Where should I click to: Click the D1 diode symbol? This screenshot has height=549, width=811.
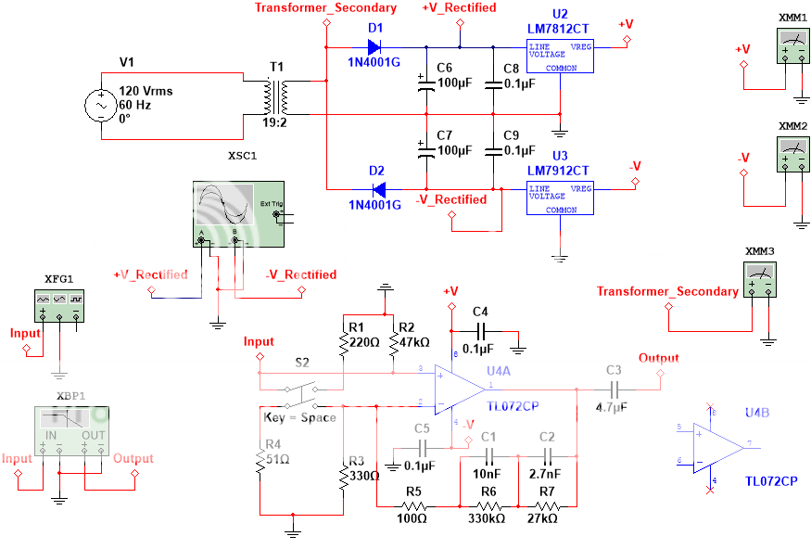(x=375, y=45)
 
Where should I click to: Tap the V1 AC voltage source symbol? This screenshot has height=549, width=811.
(x=100, y=106)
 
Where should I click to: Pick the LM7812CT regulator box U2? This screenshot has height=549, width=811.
(x=560, y=55)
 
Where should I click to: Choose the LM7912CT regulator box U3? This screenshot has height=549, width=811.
(x=560, y=197)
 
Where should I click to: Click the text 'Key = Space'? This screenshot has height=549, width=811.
(x=299, y=417)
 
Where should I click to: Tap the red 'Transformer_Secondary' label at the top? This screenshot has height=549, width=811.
(x=325, y=8)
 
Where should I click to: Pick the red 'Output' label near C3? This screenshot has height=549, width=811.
(x=658, y=358)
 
